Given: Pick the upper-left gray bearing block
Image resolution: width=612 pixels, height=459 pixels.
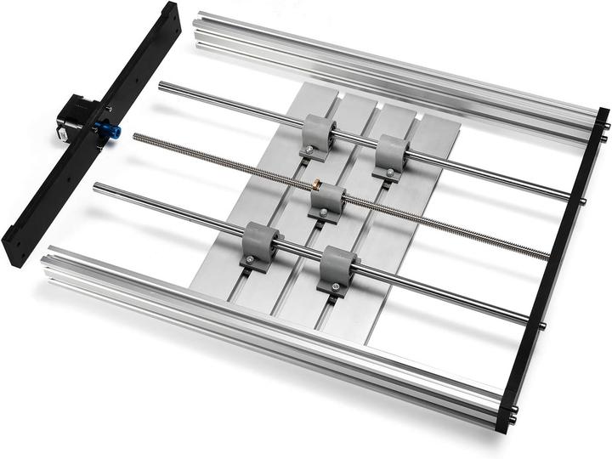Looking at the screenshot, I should pyautogui.click(x=316, y=135).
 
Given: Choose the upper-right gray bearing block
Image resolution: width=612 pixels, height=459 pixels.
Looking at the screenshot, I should pyautogui.click(x=393, y=155).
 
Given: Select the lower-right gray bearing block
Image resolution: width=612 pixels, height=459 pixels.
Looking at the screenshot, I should pyautogui.click(x=337, y=268).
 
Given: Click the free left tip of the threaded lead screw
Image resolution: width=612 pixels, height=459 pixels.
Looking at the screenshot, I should pyautogui.click(x=135, y=136).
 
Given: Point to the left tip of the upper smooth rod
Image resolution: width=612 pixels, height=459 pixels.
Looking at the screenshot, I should pyautogui.click(x=161, y=85).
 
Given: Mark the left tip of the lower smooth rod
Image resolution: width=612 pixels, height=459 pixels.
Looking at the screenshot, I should pyautogui.click(x=96, y=187).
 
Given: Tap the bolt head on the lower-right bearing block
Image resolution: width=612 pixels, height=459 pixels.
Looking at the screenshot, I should pyautogui.click(x=335, y=288).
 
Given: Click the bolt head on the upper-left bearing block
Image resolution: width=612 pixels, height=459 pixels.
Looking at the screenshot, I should pyautogui.click(x=308, y=153).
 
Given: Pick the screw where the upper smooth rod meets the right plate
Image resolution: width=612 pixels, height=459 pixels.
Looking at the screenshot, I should pyautogui.click(x=583, y=201).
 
